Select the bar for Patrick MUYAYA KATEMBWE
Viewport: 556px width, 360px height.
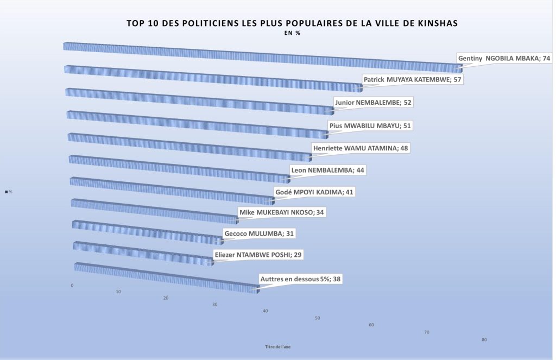[x=212, y=78]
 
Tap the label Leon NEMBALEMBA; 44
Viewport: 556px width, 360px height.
[x=328, y=170]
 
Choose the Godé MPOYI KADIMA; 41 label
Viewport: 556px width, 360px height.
[x=315, y=192]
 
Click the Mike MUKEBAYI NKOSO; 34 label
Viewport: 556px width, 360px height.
[x=282, y=212]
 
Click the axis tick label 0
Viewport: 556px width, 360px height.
[x=72, y=285]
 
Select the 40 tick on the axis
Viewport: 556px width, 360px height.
[x=265, y=311]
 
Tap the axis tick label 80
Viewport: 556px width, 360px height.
[x=484, y=340]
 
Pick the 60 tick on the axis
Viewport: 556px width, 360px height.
[x=371, y=325]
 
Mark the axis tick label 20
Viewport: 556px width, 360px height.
[x=166, y=298]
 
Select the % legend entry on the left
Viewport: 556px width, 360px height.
[x=9, y=192]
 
